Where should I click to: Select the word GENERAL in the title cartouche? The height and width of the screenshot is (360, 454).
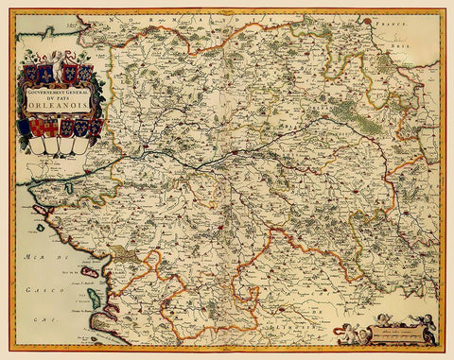(78, 92)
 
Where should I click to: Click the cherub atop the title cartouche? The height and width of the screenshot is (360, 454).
(58, 58)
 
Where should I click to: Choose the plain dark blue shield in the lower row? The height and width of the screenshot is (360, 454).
(24, 127)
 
